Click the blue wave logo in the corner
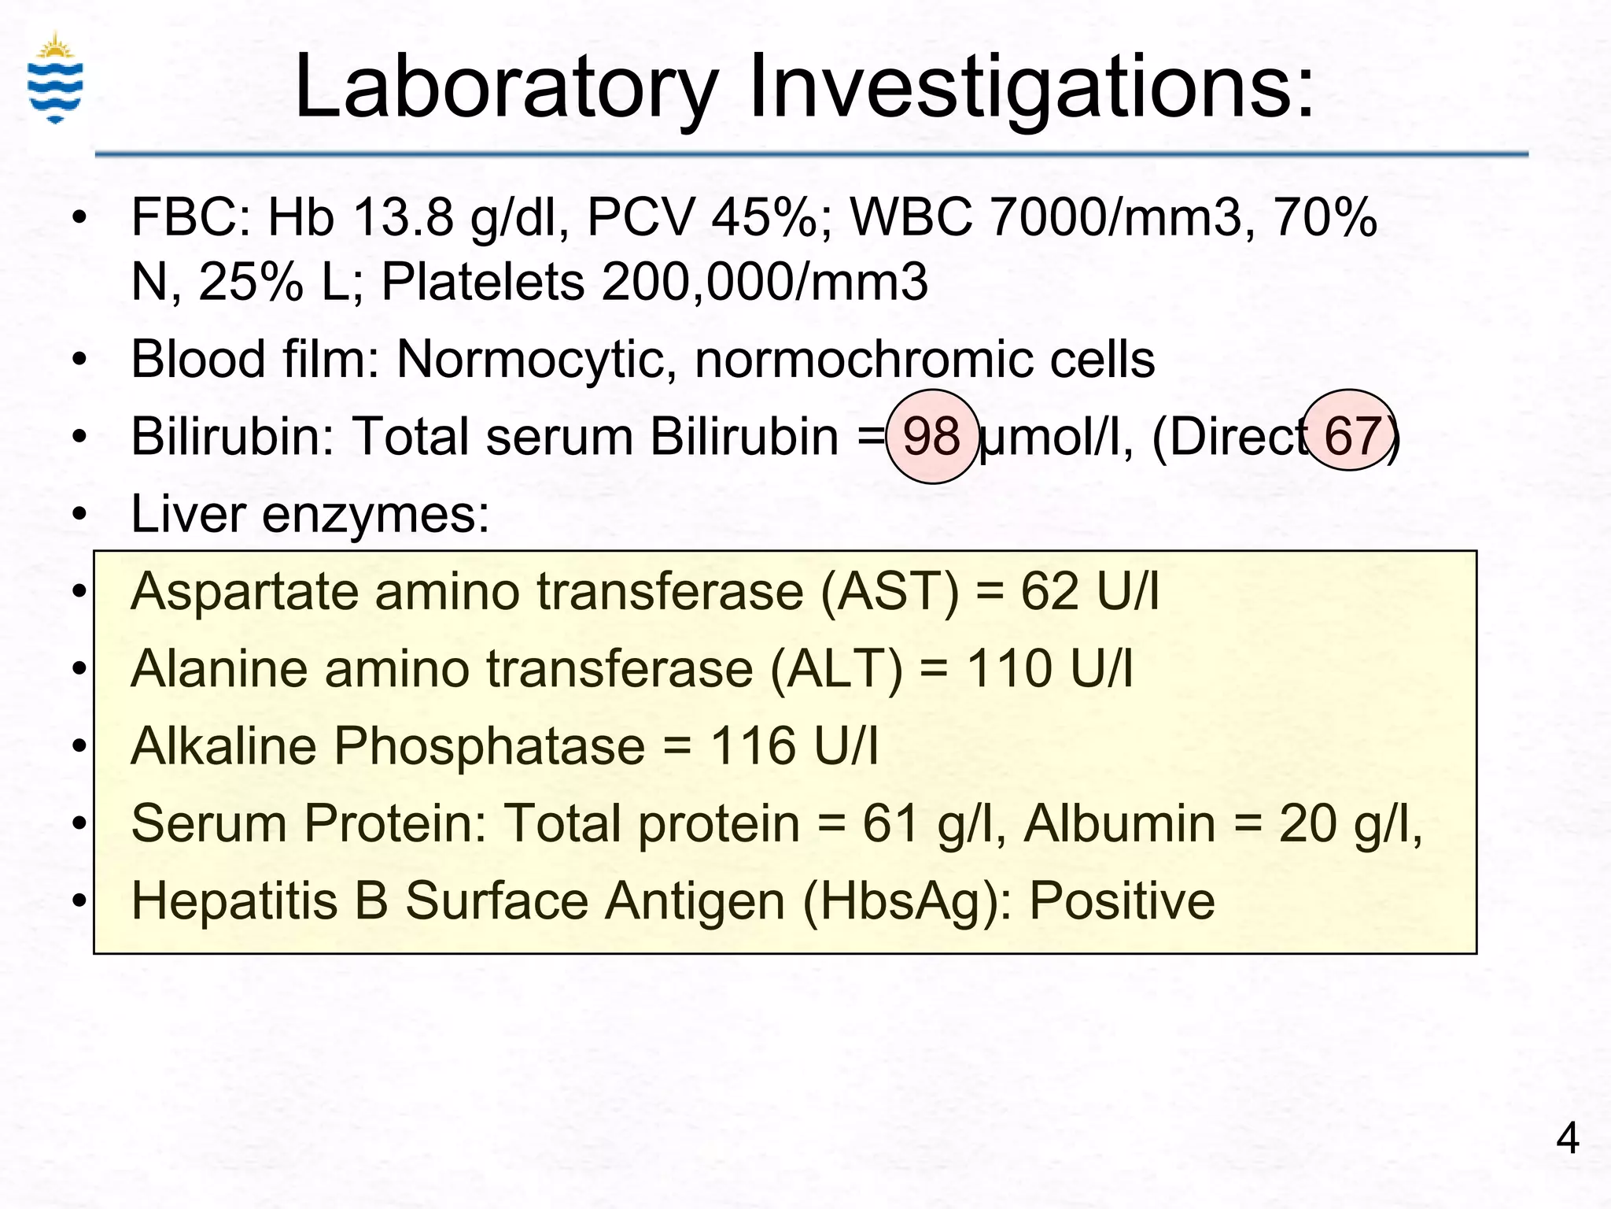click(55, 79)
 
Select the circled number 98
click(932, 436)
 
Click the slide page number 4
click(1567, 1138)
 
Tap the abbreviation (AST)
click(890, 591)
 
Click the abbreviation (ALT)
click(836, 669)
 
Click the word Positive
click(1122, 900)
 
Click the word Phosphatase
click(489, 746)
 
